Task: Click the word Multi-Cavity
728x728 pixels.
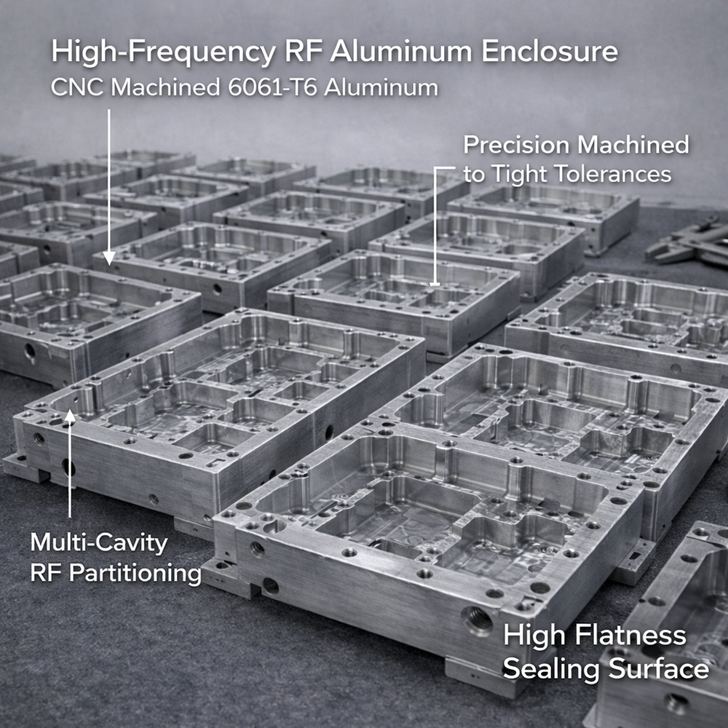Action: point(99,542)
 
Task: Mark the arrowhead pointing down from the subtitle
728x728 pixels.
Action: point(108,257)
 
